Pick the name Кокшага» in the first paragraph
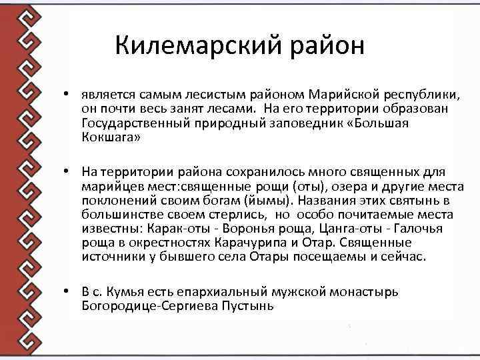click(111, 138)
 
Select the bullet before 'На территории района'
click(68, 171)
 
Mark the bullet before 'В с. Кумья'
click(68, 291)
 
